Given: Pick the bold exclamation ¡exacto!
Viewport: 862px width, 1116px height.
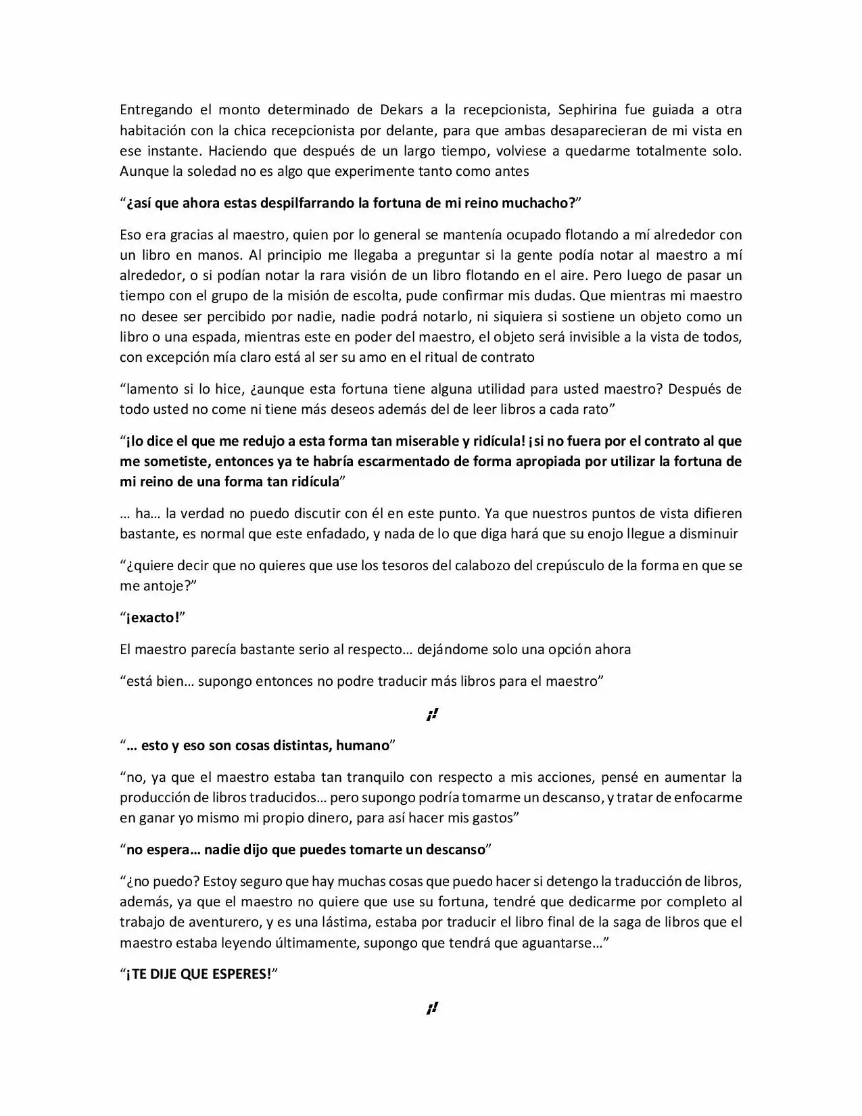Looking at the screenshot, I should (152, 618).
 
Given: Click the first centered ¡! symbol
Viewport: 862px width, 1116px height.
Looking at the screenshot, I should (432, 714).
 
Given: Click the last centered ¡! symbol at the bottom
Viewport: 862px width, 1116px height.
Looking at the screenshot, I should (432, 1008).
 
